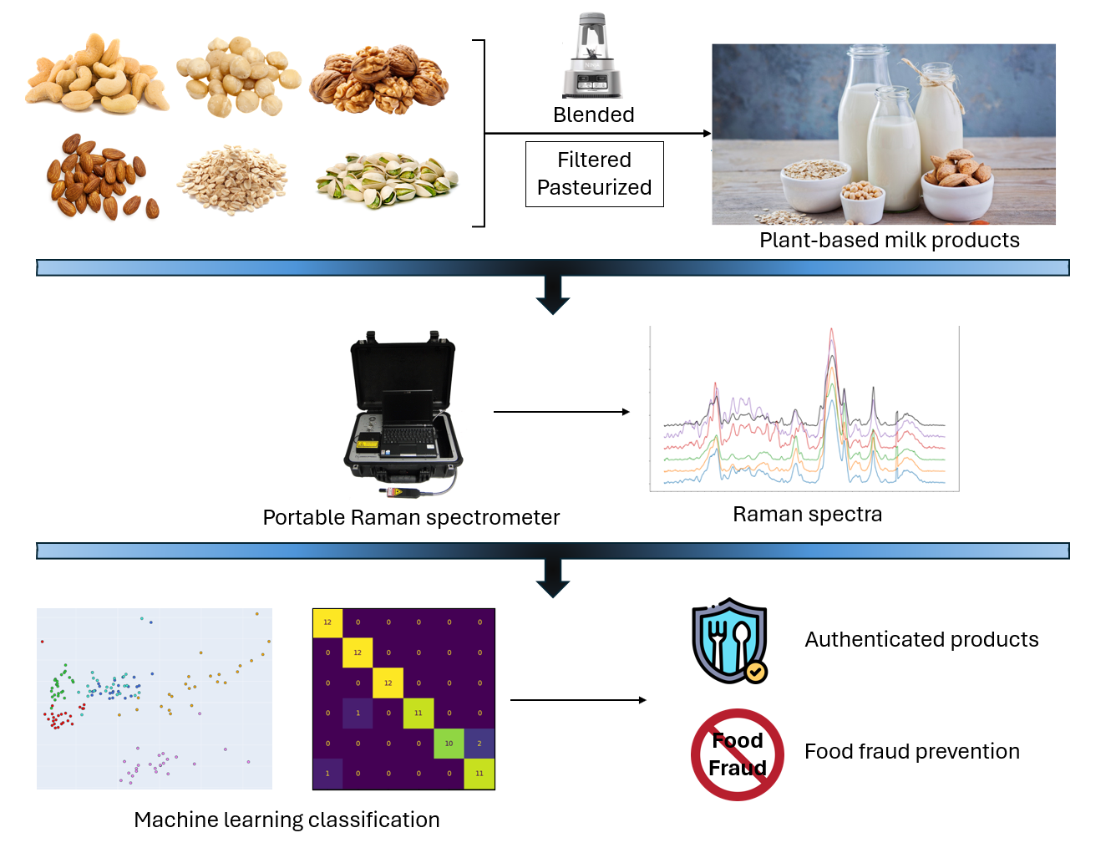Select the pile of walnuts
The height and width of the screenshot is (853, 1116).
pos(379,79)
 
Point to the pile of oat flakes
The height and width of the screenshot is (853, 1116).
pos(232,179)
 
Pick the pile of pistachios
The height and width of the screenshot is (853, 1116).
pos(386,180)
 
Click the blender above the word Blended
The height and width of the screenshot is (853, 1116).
pos(593,57)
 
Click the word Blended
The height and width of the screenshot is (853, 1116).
pos(593,114)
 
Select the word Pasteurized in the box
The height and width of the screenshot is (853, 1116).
pos(594,187)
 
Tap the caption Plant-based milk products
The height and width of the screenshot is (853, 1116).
pos(889,240)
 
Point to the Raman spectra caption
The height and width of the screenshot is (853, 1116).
pos(807,514)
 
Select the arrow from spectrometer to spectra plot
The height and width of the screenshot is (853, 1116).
pos(561,412)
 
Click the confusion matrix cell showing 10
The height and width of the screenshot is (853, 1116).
pos(449,743)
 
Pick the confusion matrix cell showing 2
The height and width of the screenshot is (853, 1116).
pos(479,743)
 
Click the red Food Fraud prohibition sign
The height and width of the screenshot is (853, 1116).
pos(737,754)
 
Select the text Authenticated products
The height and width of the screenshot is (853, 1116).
pos(921,639)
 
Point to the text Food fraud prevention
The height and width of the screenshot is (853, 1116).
pos(911,751)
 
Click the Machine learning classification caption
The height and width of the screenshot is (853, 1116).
pos(287,820)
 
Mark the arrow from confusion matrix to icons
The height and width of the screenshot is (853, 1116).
pos(577,700)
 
